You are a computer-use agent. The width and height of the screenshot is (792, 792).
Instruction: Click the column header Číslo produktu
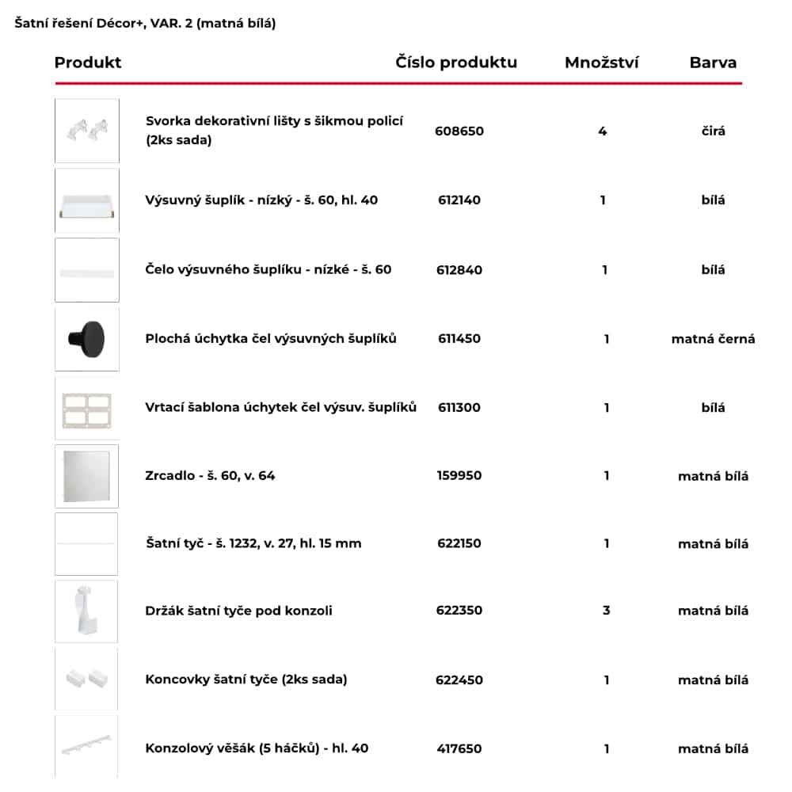tap(456, 63)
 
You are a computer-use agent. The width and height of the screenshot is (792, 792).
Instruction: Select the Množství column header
tap(601, 63)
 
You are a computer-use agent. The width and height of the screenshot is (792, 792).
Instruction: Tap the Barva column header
tap(713, 63)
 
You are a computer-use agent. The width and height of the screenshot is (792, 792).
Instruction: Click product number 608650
tap(459, 131)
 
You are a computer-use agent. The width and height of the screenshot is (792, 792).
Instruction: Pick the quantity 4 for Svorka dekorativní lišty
tap(603, 131)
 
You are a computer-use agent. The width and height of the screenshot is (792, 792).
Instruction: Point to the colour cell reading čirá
tap(713, 131)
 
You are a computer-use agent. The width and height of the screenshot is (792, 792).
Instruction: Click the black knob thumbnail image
tap(87, 339)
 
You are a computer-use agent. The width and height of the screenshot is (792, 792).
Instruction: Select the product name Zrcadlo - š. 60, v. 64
tap(210, 476)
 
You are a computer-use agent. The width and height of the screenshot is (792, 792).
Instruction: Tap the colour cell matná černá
tap(713, 339)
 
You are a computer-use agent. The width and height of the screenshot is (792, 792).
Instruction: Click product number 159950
tap(459, 476)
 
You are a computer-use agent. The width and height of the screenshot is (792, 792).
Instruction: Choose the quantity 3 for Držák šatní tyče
tap(607, 611)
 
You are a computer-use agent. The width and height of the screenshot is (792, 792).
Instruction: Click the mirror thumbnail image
tap(87, 476)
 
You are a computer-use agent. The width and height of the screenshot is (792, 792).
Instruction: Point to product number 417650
tap(459, 748)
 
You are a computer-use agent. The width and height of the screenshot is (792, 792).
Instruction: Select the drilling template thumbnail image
tap(87, 408)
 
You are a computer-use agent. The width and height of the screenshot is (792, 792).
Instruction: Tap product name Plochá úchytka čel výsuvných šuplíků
tap(271, 339)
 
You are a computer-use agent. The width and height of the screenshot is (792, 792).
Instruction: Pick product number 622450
tap(459, 680)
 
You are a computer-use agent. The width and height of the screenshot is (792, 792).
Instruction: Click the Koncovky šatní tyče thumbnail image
tap(87, 679)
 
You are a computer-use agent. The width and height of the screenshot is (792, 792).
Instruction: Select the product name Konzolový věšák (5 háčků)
tap(257, 748)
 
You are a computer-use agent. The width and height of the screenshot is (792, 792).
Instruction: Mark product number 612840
tap(459, 270)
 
